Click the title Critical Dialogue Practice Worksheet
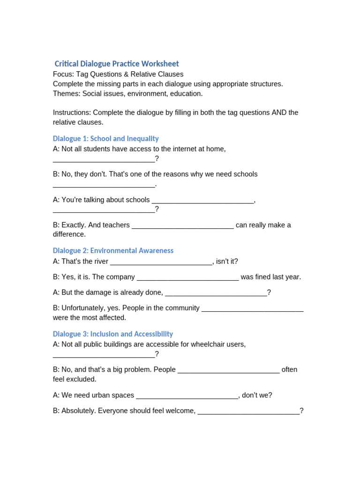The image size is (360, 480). coord(117,64)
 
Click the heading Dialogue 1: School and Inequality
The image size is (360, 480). coord(105,139)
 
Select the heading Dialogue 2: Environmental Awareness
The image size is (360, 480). coord(113,251)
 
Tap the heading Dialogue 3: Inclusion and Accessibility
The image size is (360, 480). coord(113,334)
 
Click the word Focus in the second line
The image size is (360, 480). coord(63,74)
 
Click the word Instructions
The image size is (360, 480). coord(72,112)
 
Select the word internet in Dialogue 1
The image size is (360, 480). coord(175,149)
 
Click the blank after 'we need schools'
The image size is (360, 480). coord(104,185)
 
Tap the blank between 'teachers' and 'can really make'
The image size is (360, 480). coord(183,225)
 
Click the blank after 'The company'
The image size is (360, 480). coord(187,277)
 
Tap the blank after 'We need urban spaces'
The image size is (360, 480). coord(187,396)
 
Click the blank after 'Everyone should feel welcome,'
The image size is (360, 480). coord(248,411)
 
